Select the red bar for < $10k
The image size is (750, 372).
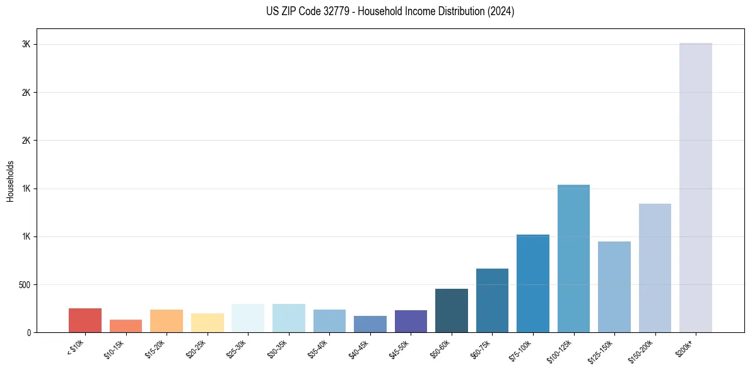click(x=85, y=320)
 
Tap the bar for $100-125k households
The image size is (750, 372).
click(x=573, y=259)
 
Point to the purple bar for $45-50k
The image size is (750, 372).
click(x=411, y=321)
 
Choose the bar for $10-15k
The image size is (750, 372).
click(x=126, y=326)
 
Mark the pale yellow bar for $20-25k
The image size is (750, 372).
click(x=208, y=323)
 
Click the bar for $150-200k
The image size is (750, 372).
click(x=655, y=268)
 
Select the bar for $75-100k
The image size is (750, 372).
click(x=533, y=283)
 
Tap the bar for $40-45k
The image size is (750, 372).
click(x=370, y=324)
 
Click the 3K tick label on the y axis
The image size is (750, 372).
click(x=26, y=45)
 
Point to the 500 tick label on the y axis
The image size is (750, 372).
click(x=24, y=284)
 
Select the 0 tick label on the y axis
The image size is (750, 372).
click(x=28, y=332)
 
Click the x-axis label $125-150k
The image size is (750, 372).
click(x=601, y=349)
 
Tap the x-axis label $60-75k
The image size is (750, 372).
click(x=479, y=348)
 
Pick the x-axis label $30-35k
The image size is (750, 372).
click(x=276, y=348)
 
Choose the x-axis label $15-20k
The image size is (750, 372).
click(x=153, y=348)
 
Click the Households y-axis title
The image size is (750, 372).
click(x=10, y=181)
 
